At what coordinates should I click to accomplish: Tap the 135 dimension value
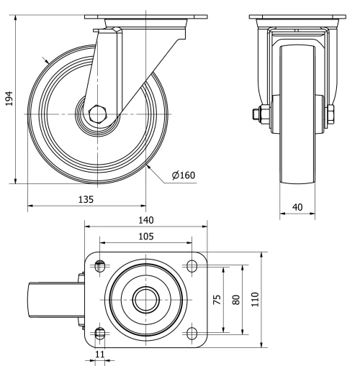coord(86,197)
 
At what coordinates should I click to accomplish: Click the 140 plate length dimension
coord(145,221)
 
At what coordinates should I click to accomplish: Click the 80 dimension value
coord(234,300)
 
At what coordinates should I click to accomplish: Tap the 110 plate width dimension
coord(254,300)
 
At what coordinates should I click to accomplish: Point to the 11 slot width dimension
coord(99,354)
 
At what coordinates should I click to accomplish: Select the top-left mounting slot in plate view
coord(100,266)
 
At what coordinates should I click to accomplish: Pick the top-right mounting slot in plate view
coord(192,266)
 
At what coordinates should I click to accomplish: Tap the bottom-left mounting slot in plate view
coord(100,332)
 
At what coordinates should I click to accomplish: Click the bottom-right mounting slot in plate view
coord(192,332)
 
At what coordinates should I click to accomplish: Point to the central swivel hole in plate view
coord(145,299)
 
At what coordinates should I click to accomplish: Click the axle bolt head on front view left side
coord(256,114)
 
